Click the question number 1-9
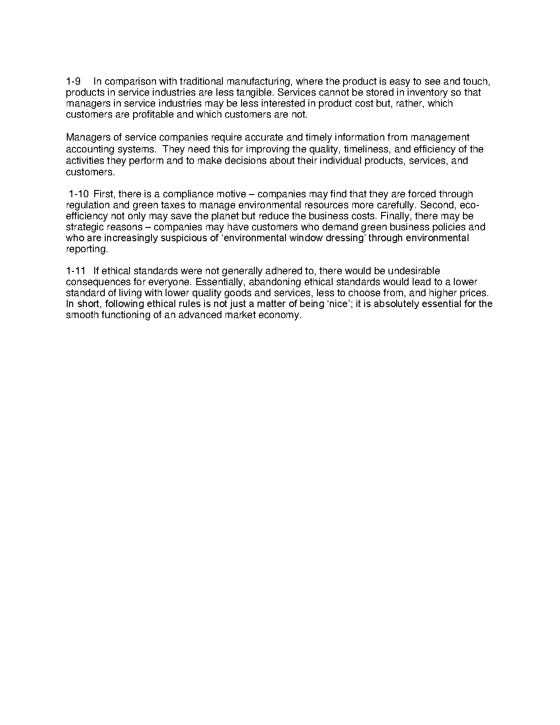(73, 82)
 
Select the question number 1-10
(79, 194)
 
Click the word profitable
(153, 115)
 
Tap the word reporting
(86, 249)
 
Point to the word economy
(282, 315)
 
